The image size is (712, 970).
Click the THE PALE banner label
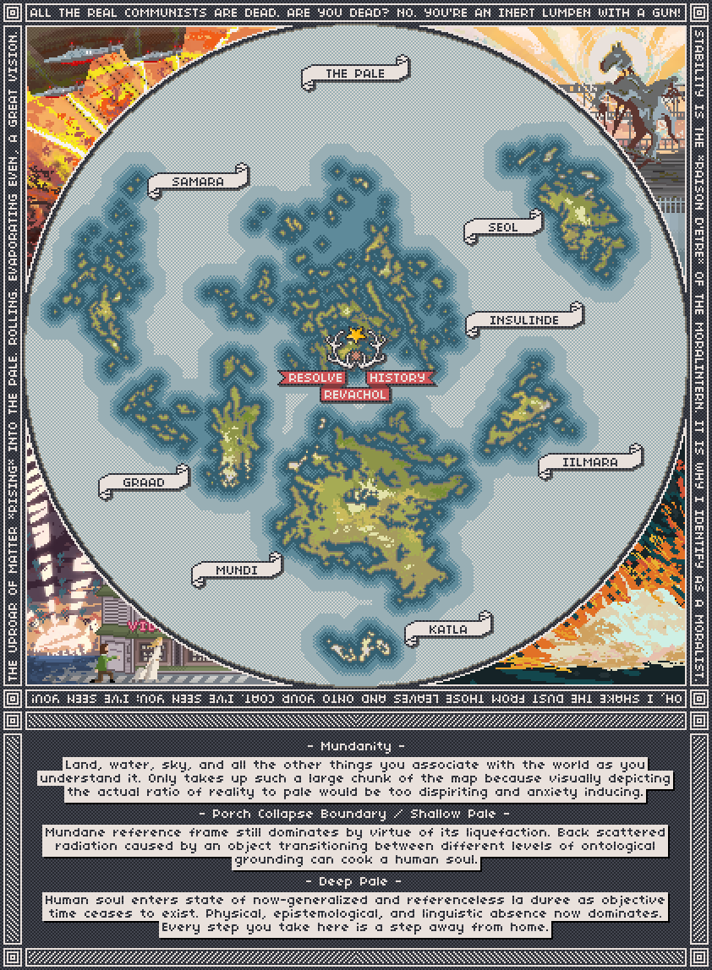[355, 74]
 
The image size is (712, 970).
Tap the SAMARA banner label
[198, 182]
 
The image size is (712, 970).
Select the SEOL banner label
[502, 227]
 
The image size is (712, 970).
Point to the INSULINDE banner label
[524, 320]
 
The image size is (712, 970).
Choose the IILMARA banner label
[590, 462]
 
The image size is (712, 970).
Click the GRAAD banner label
[144, 482]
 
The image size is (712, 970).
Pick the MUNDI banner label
[237, 570]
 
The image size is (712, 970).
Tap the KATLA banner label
[448, 629]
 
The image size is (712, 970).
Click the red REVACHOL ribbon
[355, 394]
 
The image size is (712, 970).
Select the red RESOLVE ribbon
[315, 378]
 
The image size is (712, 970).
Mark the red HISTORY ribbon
[397, 378]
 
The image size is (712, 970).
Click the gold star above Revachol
[356, 335]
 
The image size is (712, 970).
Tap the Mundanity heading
[355, 746]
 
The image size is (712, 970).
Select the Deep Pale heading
[355, 881]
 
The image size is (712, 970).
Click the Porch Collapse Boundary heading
[355, 814]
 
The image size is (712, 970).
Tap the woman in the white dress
[156, 658]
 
